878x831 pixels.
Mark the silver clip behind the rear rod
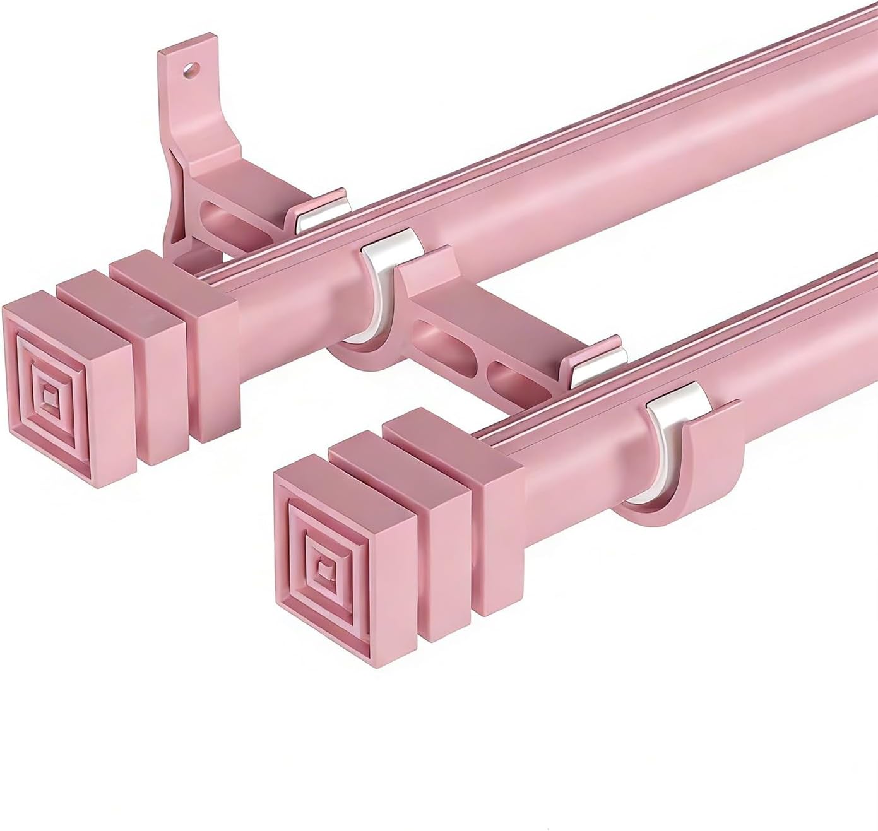point(323,211)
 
